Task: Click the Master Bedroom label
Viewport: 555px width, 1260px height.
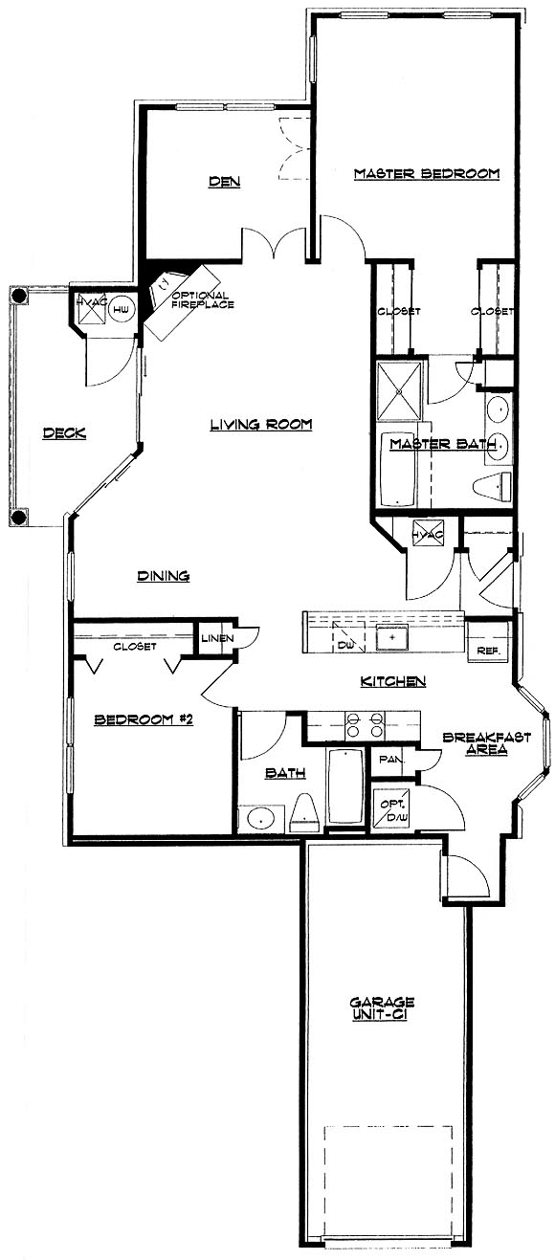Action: coord(426,173)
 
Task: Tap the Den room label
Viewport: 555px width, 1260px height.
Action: coord(225,181)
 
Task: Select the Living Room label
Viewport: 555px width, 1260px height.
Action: coord(261,424)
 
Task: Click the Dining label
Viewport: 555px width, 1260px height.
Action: coord(164,575)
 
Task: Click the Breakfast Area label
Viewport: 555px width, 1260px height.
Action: coord(486,743)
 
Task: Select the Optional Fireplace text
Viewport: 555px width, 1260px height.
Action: coord(201,299)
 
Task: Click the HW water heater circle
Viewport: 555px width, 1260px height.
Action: coord(120,309)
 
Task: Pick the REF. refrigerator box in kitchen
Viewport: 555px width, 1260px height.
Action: coord(487,640)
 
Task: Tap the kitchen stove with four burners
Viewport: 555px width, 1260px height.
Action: coord(365,724)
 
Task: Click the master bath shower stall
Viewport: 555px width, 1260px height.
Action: coord(399,391)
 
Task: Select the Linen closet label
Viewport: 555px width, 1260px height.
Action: coord(218,638)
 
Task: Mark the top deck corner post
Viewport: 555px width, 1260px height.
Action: coord(19,296)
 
